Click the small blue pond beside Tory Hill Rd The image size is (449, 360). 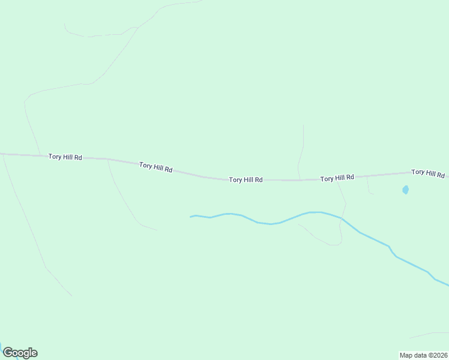pyautogui.click(x=405, y=190)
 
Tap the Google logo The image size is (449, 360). pyautogui.click(x=20, y=353)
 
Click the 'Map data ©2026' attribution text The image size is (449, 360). pyautogui.click(x=423, y=355)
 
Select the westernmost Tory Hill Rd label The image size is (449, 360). pyautogui.click(x=65, y=157)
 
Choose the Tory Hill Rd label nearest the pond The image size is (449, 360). pyautogui.click(x=427, y=173)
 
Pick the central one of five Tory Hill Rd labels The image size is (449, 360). pyautogui.click(x=246, y=179)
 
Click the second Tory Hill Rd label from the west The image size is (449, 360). pyautogui.click(x=155, y=167)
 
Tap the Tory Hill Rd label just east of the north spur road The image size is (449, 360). pyautogui.click(x=337, y=178)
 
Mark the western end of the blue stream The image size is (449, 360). pyautogui.click(x=191, y=217)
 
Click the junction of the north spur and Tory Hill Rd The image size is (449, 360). pyautogui.click(x=301, y=179)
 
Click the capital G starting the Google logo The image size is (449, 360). pyautogui.click(x=8, y=353)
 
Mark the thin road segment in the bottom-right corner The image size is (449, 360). pyautogui.click(x=429, y=334)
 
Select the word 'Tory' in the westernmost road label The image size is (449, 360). pyautogui.click(x=55, y=157)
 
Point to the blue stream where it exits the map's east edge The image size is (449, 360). pyautogui.click(x=447, y=284)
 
